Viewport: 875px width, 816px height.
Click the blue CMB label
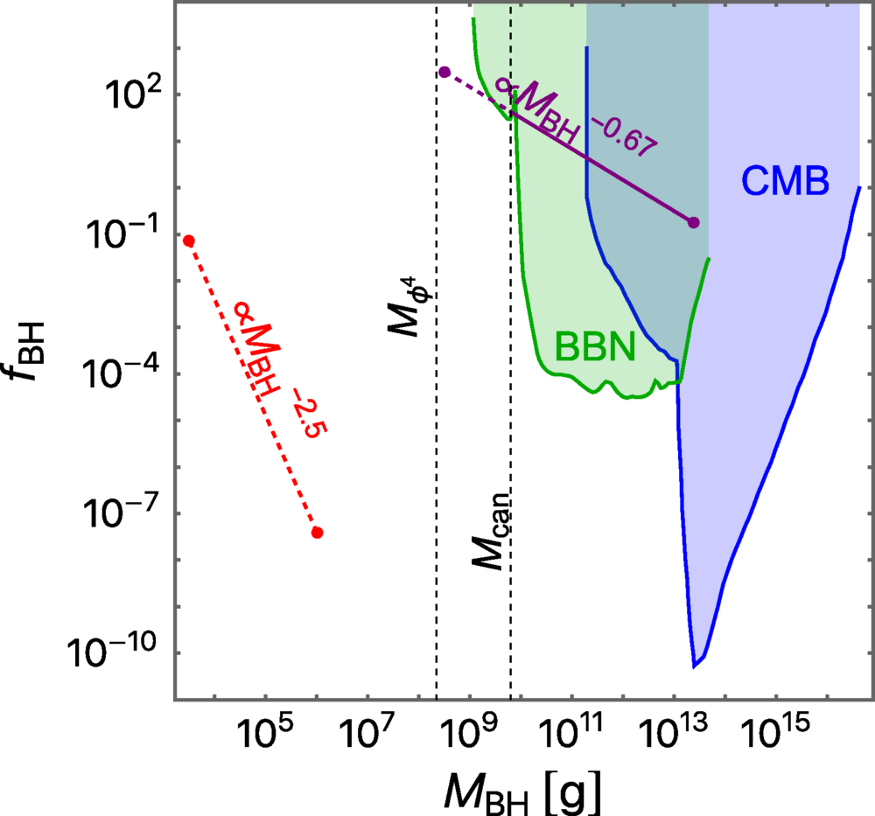coord(785,180)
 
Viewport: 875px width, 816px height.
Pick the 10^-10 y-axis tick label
coord(122,652)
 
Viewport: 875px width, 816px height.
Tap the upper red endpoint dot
coord(188,241)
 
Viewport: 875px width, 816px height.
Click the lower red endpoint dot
coord(318,533)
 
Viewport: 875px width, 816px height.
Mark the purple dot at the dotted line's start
coord(444,73)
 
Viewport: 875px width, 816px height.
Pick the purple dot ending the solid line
coord(694,222)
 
